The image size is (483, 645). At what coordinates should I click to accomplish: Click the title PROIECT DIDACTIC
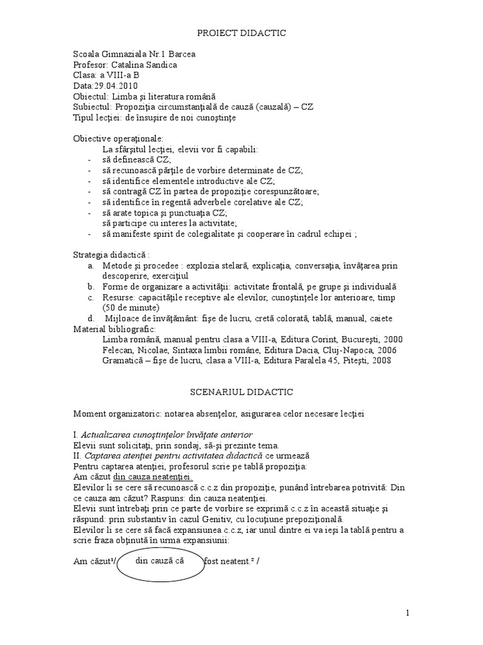pos(241,33)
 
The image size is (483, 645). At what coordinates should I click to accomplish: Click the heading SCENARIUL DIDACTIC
pos(241,392)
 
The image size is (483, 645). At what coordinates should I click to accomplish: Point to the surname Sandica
pos(160,65)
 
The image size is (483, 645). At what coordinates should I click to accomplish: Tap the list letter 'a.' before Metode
pos(91,265)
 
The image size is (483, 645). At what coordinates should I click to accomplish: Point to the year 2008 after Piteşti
pos(380,361)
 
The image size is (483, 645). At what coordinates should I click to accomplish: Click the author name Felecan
pos(118,350)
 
